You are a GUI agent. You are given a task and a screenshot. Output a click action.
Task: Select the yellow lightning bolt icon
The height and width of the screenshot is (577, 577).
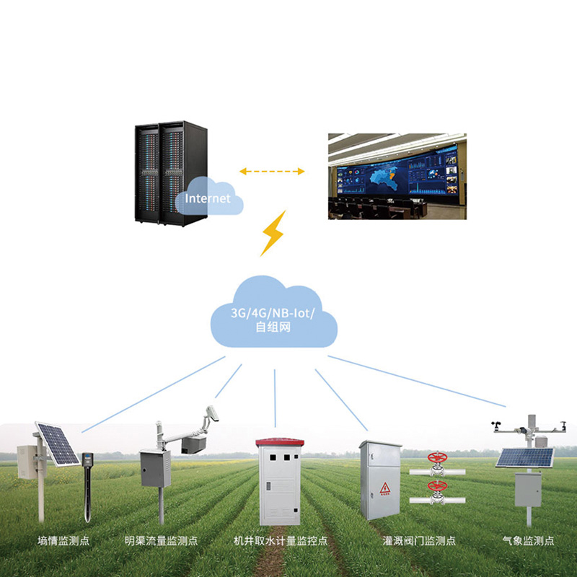tap(273, 232)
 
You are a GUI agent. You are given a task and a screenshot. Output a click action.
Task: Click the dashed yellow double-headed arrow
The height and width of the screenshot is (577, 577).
tap(272, 172)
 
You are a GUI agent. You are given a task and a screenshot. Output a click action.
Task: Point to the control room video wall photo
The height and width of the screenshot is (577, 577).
tap(397, 176)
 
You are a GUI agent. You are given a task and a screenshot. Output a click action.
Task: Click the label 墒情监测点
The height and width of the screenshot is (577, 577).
tap(63, 540)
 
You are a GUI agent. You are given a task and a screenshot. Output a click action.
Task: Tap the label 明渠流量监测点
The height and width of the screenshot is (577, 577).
tap(162, 540)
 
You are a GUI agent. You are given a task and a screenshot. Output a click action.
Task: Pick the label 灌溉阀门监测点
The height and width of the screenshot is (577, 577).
tap(419, 540)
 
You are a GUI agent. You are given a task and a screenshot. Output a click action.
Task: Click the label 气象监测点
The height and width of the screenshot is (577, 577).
tap(528, 540)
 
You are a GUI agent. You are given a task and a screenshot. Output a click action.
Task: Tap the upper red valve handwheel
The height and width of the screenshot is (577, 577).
tap(436, 459)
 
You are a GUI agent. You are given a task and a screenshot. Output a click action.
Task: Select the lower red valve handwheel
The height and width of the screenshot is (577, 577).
tap(436, 487)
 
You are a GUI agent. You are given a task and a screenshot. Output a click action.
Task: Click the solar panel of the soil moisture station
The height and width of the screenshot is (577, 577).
tap(57, 444)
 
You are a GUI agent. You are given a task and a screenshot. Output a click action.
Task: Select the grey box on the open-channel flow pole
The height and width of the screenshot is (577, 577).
tap(155, 468)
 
